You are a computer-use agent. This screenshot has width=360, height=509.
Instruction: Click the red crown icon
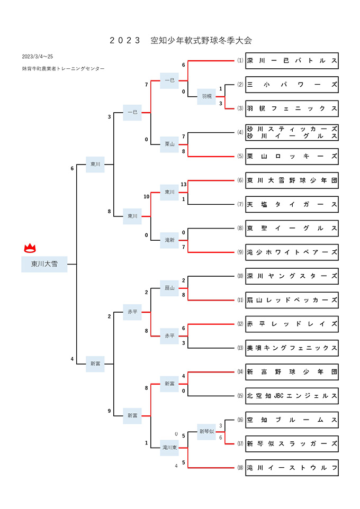click(x=30, y=248)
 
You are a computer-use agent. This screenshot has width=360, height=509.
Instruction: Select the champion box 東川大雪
click(x=44, y=264)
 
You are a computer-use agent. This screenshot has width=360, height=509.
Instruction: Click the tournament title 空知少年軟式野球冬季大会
click(x=201, y=41)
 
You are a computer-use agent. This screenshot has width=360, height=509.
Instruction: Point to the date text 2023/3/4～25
click(x=38, y=57)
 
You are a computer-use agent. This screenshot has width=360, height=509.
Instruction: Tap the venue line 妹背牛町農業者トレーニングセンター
click(x=63, y=69)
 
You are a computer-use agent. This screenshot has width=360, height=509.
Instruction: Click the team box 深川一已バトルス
click(x=292, y=61)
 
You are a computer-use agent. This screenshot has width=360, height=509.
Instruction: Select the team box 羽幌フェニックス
click(x=292, y=109)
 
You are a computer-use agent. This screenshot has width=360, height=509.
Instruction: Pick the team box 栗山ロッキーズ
click(x=292, y=157)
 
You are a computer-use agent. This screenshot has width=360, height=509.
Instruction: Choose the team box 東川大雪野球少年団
click(x=292, y=180)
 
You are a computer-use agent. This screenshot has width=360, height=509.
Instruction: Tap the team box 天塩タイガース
click(x=292, y=205)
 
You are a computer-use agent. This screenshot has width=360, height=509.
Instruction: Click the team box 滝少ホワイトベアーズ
click(x=292, y=252)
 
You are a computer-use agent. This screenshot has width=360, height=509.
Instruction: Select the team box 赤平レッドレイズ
click(x=292, y=324)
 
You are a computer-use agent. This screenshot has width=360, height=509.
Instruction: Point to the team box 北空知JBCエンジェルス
click(x=292, y=396)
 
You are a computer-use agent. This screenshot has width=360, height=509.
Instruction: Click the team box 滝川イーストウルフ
click(x=292, y=468)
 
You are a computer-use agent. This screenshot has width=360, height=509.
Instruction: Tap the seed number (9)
click(x=240, y=252)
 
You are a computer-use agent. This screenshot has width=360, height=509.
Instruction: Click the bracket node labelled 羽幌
click(x=206, y=96)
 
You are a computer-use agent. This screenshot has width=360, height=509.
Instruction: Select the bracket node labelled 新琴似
click(x=206, y=432)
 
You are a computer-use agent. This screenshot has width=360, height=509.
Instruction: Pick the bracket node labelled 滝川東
click(x=169, y=448)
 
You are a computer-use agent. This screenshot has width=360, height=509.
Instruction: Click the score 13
click(x=184, y=184)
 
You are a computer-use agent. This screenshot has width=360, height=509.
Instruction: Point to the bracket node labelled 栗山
click(x=169, y=144)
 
